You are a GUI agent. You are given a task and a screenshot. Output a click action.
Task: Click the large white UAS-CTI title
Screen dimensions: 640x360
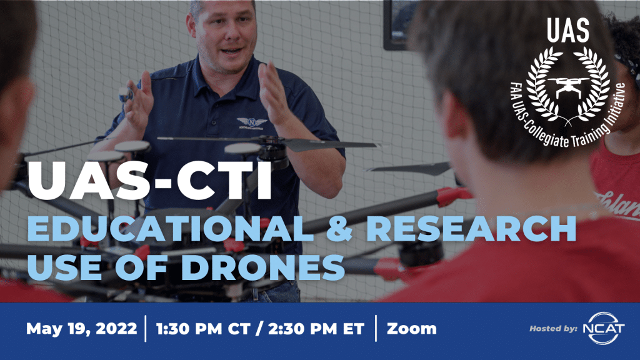pyautogui.click(x=149, y=181)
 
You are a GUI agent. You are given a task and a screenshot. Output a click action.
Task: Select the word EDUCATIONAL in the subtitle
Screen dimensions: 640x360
pyautogui.click(x=170, y=229)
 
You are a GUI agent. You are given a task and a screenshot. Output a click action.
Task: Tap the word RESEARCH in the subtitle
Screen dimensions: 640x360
pyautogui.click(x=471, y=229)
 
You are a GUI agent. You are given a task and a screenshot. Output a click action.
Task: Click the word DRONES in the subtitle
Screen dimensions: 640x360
pyautogui.click(x=263, y=267)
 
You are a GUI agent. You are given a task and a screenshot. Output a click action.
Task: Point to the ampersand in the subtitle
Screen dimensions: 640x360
pyautogui.click(x=339, y=229)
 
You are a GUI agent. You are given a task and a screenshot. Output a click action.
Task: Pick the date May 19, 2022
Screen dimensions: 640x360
pyautogui.click(x=82, y=329)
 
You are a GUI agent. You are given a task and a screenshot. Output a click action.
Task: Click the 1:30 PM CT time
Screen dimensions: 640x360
pyautogui.click(x=201, y=329)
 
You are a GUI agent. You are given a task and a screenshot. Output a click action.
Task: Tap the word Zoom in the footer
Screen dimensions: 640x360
pyautogui.click(x=411, y=329)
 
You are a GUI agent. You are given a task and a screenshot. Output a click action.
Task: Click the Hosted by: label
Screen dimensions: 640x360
pyautogui.click(x=554, y=329)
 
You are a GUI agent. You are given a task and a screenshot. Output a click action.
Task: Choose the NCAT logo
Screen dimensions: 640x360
pyautogui.click(x=604, y=328)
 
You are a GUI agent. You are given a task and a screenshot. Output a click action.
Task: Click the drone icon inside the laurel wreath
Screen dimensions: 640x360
pyautogui.click(x=568, y=86)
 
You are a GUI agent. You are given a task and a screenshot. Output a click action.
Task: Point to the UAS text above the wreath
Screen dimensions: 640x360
pyautogui.click(x=568, y=31)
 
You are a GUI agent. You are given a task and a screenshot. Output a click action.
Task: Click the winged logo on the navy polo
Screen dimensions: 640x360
pyautogui.click(x=252, y=122)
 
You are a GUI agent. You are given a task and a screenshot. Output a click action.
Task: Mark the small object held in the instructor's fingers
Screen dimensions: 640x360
pyautogui.click(x=126, y=94)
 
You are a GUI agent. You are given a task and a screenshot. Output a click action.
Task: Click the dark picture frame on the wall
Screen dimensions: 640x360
pyautogui.click(x=400, y=25)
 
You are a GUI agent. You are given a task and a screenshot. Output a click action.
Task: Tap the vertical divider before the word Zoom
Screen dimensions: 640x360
pyautogui.click(x=376, y=328)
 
